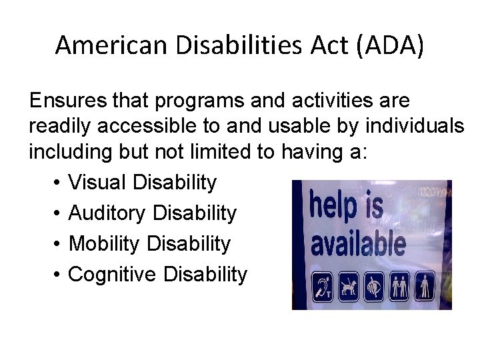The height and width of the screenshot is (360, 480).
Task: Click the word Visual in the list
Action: coord(97,182)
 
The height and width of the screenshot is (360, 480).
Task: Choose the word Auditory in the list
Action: coord(107,213)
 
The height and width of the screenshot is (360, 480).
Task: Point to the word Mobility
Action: coord(105,243)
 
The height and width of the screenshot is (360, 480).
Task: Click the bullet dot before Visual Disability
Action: coord(55,183)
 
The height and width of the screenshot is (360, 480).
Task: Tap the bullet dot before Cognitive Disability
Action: coord(55,275)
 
